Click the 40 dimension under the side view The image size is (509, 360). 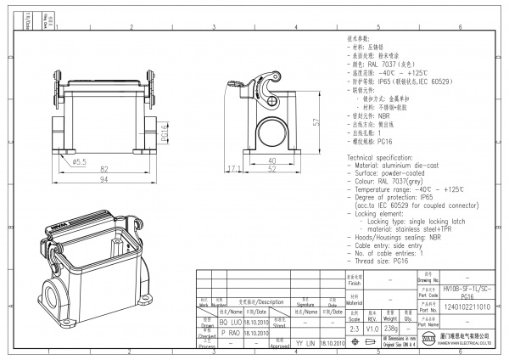tap(272, 160)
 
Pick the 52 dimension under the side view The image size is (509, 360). tap(272, 169)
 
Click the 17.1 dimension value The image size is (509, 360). tap(235, 169)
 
